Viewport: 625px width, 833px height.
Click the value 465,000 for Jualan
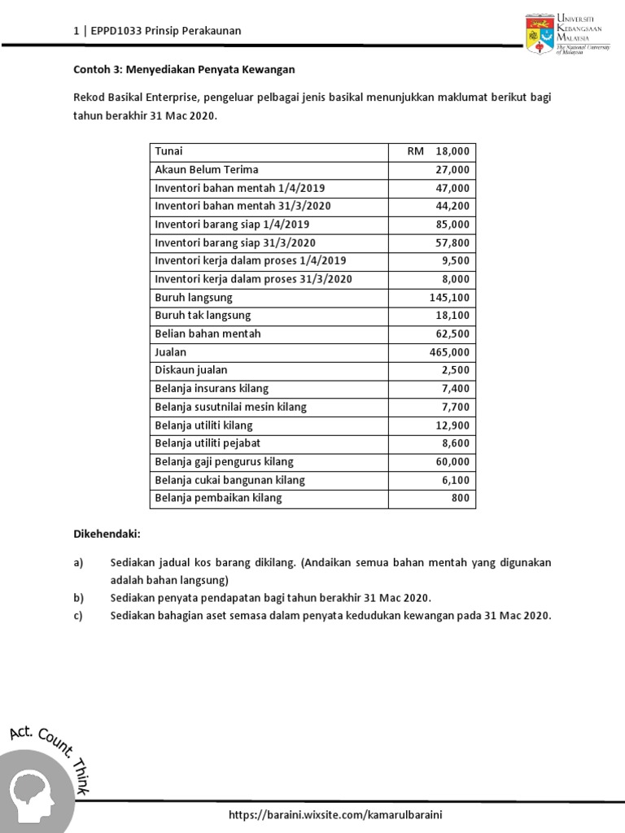pos(449,352)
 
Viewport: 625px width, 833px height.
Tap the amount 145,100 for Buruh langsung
pos(449,298)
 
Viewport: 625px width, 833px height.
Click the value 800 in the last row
pos(461,498)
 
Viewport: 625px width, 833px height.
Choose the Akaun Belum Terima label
pos(207,170)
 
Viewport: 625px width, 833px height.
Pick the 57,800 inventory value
pos(453,242)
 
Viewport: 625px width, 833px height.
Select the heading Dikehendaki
pos(107,534)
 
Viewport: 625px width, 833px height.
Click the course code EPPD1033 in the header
pos(112,31)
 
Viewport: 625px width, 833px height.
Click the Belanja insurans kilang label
pos(212,389)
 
